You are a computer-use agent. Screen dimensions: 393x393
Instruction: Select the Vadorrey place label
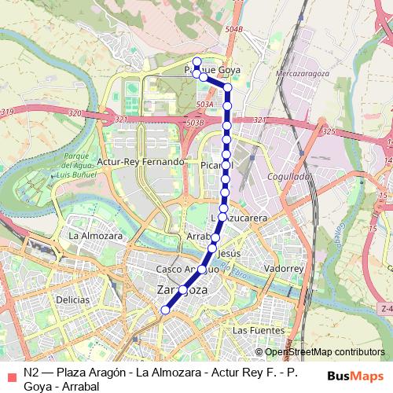pyautogui.click(x=285, y=269)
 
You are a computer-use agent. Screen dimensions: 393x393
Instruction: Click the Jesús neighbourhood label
pyautogui.click(x=228, y=254)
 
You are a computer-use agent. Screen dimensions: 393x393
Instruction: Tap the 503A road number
pyautogui.click(x=206, y=104)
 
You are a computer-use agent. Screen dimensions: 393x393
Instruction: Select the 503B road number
pyautogui.click(x=194, y=123)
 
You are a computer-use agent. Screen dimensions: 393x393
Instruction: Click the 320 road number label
pyautogui.click(x=75, y=114)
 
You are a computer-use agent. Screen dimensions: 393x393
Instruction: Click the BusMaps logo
pyautogui.click(x=356, y=375)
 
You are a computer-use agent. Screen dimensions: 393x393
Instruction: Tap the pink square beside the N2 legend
pyautogui.click(x=10, y=375)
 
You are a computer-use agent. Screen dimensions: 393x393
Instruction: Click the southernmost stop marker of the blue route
pyautogui.click(x=165, y=310)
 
